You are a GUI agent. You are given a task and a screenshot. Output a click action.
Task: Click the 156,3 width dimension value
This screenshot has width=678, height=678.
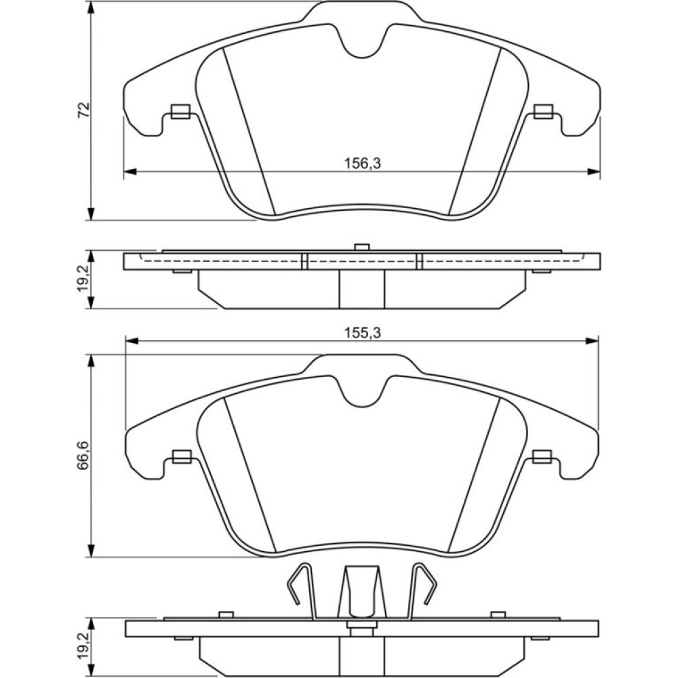(362, 163)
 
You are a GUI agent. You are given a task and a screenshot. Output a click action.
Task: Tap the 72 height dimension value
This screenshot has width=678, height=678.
(83, 110)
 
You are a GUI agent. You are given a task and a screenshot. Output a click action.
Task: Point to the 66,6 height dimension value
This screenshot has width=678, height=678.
(83, 455)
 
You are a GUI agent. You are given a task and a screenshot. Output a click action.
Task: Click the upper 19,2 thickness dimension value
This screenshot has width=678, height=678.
(83, 279)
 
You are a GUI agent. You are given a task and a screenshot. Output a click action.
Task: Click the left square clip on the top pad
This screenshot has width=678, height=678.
(180, 112)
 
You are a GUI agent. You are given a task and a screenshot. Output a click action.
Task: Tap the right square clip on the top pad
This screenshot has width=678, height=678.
(543, 112)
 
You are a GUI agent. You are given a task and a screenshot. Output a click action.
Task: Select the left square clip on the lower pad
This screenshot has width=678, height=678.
(182, 456)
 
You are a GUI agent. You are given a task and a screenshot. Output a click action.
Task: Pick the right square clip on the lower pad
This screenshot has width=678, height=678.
(542, 456)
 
